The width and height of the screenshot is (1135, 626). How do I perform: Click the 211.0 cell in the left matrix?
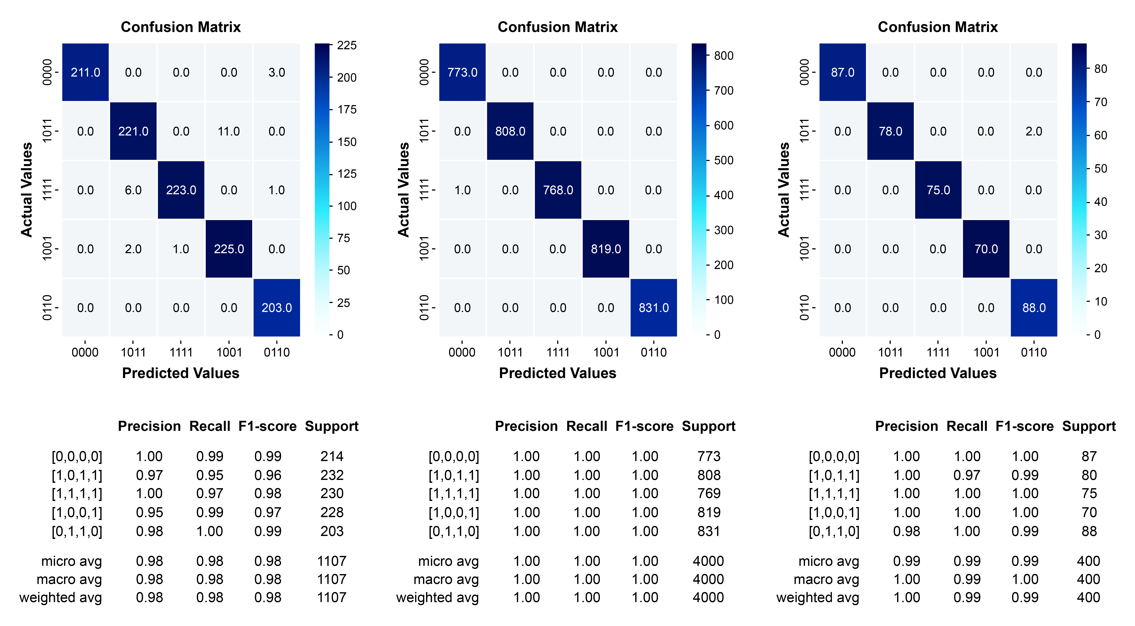pyautogui.click(x=85, y=72)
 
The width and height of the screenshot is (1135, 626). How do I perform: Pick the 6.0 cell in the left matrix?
pyautogui.click(x=133, y=190)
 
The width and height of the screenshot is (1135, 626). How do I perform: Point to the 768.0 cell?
pyautogui.click(x=558, y=190)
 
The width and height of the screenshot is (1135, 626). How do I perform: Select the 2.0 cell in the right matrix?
pyautogui.click(x=1034, y=131)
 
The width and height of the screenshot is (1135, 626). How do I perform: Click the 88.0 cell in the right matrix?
pyautogui.click(x=1034, y=308)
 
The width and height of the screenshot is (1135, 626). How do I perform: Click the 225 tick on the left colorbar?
pyautogui.click(x=346, y=45)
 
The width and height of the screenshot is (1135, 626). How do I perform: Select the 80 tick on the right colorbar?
pyautogui.click(x=1100, y=69)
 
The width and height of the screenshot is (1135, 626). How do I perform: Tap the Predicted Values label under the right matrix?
pyautogui.click(x=938, y=373)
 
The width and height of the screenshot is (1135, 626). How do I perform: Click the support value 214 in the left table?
pyautogui.click(x=332, y=457)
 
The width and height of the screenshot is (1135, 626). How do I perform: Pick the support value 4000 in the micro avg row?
pyautogui.click(x=708, y=561)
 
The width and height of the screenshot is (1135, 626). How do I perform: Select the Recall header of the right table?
pyautogui.click(x=967, y=426)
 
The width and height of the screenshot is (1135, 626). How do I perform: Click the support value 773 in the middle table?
pyautogui.click(x=708, y=457)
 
